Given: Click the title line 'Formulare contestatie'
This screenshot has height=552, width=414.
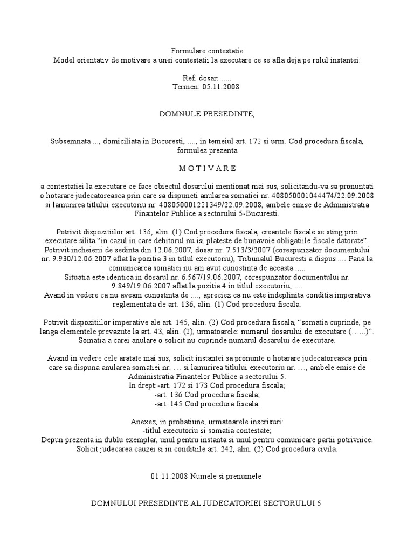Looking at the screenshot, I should (x=206, y=50).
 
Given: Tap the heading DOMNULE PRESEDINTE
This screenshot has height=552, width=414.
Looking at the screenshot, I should (x=206, y=114).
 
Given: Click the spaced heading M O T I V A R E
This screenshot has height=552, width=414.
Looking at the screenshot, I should (x=206, y=168).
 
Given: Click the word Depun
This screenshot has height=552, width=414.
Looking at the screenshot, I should (x=53, y=440).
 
